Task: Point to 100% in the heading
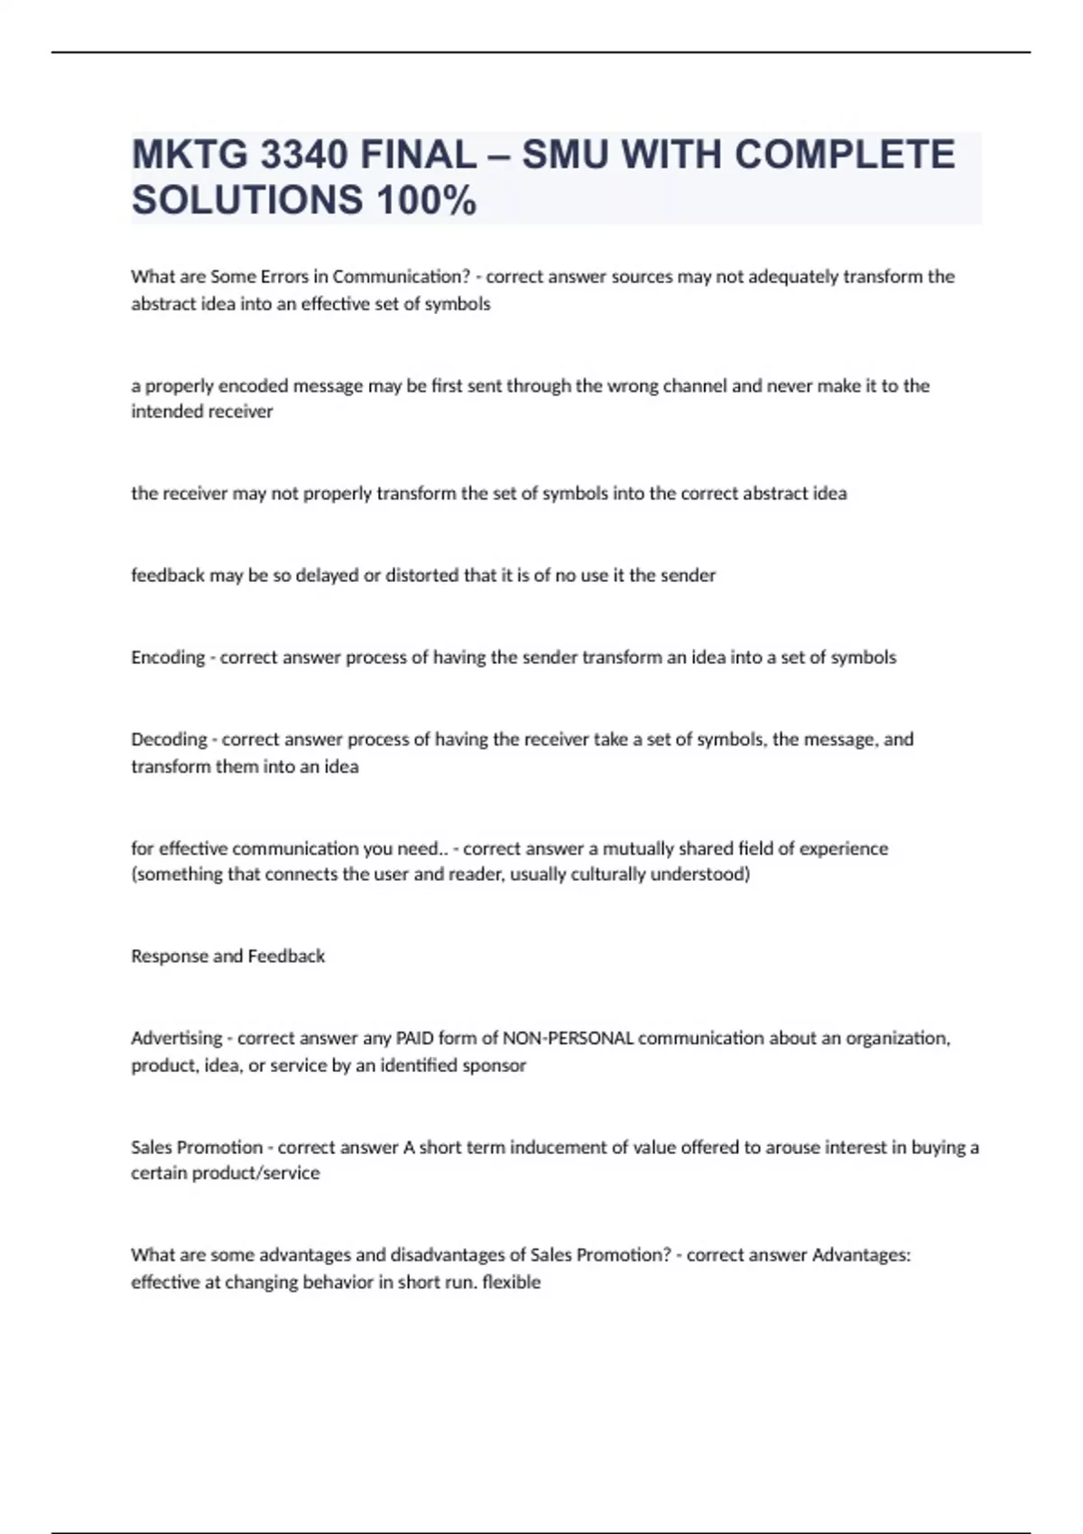coord(426,200)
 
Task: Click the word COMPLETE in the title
coord(845,155)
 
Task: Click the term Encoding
coord(168,657)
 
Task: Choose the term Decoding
coord(169,739)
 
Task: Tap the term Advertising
coord(177,1038)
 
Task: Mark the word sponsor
coord(494,1065)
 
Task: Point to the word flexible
coord(512,1281)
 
